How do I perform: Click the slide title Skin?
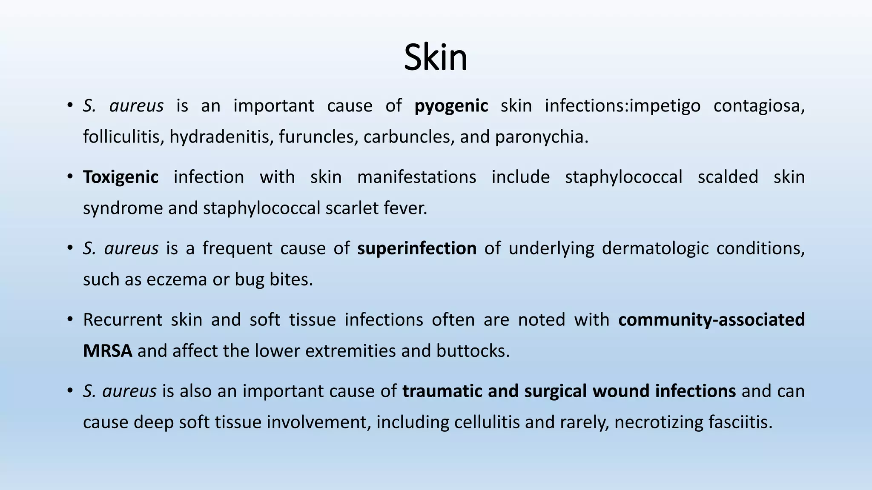tap(435, 57)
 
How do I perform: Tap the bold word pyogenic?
tap(451, 106)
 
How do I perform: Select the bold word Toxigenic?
tap(120, 177)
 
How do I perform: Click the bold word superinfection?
tap(416, 248)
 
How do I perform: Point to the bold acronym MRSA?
tap(107, 351)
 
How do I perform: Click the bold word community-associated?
tap(711, 319)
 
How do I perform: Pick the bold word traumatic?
tap(442, 391)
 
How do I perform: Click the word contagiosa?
tap(759, 106)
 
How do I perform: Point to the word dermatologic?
tap(655, 248)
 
